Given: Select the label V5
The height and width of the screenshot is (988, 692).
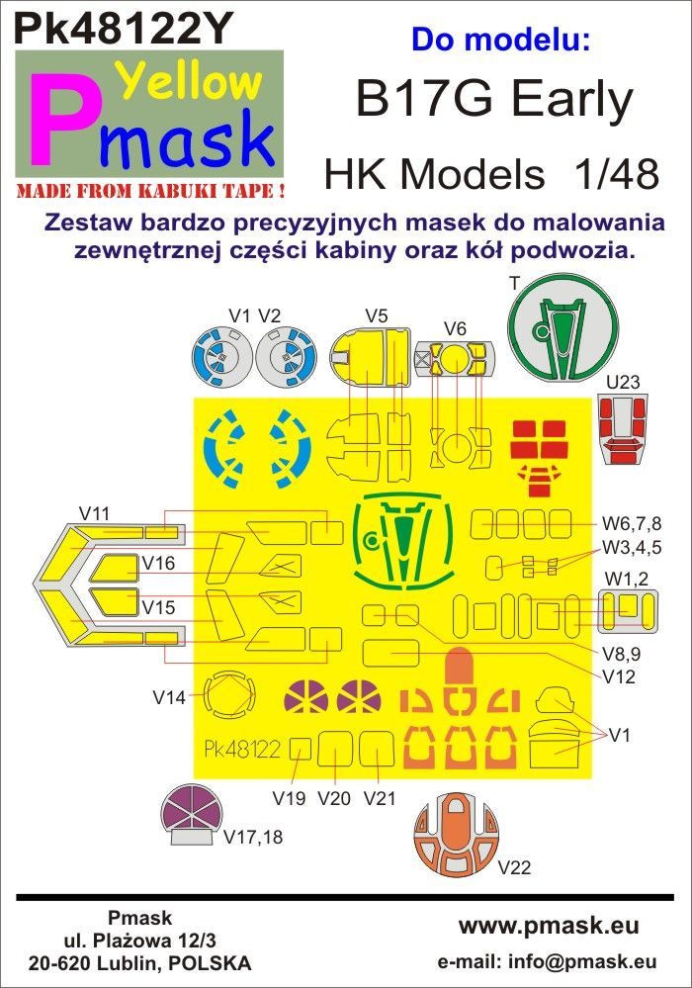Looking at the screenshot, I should click(x=376, y=316).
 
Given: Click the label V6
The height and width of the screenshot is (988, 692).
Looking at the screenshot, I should click(x=455, y=328).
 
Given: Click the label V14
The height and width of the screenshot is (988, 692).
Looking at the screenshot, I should click(x=169, y=697).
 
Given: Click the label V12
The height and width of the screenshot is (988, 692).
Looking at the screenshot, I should click(x=618, y=677).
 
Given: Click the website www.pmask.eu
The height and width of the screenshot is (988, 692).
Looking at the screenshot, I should click(x=549, y=927).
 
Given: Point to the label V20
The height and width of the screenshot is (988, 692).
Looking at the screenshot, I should click(x=335, y=798).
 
